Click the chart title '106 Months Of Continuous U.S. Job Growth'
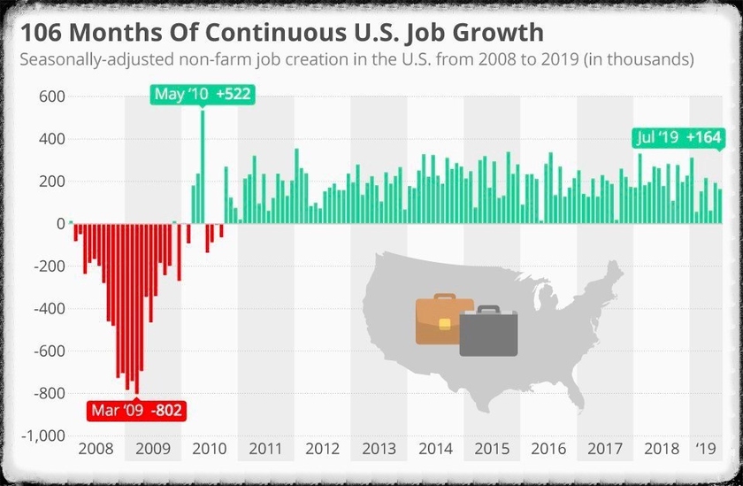pos(281,33)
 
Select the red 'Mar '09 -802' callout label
pos(136,412)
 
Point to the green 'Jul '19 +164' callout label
pos(678,137)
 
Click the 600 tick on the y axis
pos(52,96)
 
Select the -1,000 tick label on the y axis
pos(44,436)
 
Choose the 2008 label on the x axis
pos(96,449)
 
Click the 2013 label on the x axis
pos(379,449)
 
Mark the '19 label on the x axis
pos(706,449)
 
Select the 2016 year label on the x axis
pos(548,449)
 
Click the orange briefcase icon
pos(443,320)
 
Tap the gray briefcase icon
pos(488,332)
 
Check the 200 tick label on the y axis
pos(52,181)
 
